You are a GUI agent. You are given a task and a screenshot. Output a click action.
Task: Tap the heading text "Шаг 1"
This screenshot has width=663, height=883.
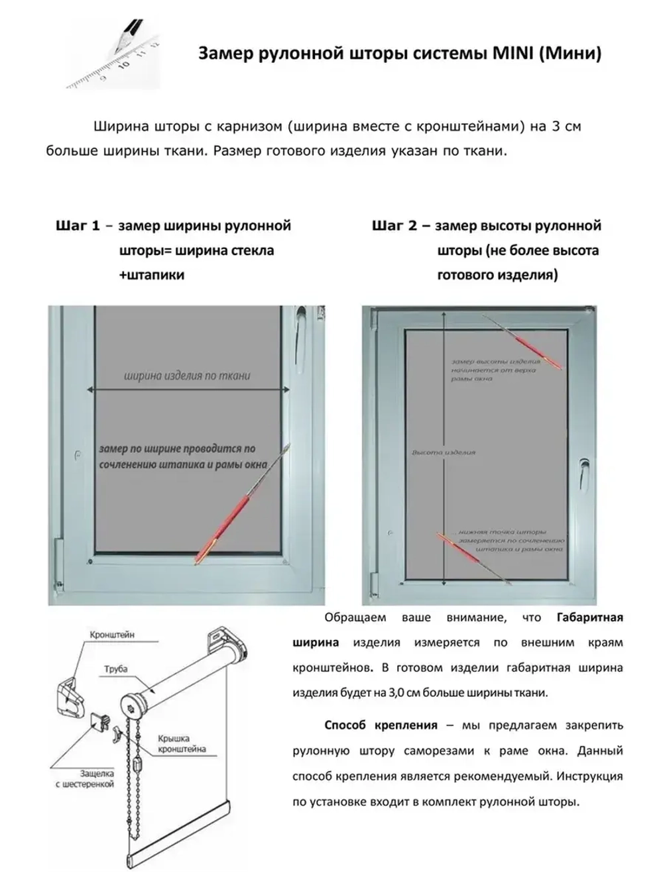pos(78,226)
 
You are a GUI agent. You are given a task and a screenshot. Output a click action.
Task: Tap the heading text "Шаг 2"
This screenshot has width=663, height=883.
pos(394,226)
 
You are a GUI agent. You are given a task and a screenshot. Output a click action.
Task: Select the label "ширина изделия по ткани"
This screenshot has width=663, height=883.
pos(187,376)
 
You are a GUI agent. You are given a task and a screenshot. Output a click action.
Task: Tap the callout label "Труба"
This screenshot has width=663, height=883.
pos(115,669)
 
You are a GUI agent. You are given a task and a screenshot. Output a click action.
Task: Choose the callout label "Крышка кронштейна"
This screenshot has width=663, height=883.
pos(181,743)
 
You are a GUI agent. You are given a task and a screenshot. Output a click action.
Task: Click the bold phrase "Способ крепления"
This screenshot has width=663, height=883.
pos(381,725)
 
